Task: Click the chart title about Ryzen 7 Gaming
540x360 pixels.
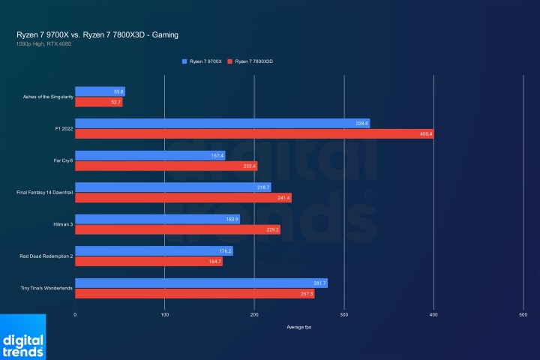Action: (x=97, y=34)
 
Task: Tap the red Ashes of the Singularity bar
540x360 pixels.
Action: (x=98, y=102)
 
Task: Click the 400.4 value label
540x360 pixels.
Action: (x=426, y=133)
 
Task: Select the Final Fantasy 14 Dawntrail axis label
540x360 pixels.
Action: (x=44, y=193)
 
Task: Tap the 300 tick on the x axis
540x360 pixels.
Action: (x=344, y=316)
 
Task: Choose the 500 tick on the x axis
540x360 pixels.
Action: (x=523, y=316)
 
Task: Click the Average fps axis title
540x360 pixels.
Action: (x=299, y=328)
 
